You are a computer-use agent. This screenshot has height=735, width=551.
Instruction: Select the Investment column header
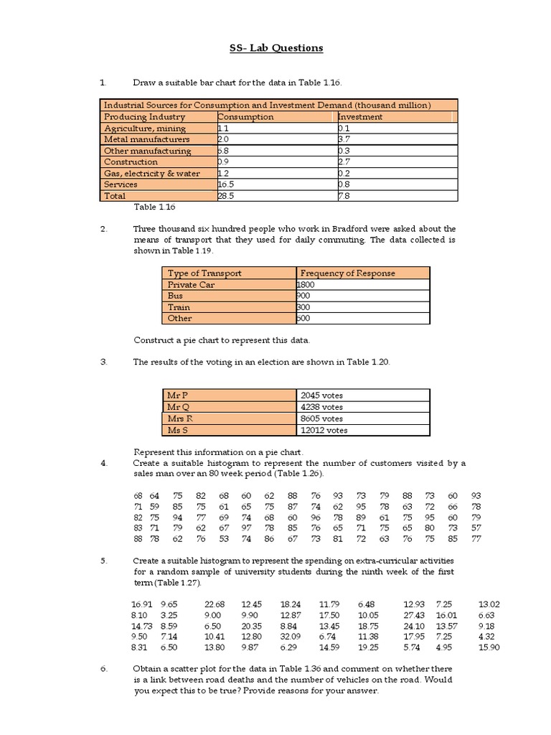[360, 116]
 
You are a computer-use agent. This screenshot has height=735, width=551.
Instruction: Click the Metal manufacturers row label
[147, 139]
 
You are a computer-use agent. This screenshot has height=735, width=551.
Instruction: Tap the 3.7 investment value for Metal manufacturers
[344, 139]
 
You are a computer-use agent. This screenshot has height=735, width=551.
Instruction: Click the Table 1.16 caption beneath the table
[154, 207]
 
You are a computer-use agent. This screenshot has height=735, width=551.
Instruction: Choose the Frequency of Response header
[348, 273]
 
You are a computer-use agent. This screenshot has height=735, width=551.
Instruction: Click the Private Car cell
[191, 284]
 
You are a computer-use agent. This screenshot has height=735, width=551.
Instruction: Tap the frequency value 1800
[307, 284]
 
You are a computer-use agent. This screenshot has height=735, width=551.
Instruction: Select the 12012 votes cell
[324, 430]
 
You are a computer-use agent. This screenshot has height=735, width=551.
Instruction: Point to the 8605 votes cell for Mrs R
[322, 418]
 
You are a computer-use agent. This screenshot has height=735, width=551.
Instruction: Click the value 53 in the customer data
[224, 538]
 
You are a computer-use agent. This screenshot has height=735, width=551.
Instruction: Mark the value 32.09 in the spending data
[291, 636]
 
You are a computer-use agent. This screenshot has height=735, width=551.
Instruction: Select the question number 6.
[103, 669]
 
